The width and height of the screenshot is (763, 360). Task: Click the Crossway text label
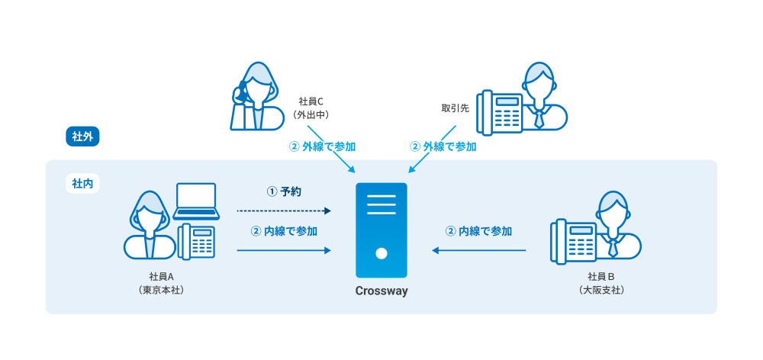point(381,291)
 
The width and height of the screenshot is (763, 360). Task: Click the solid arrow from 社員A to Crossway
point(284,250)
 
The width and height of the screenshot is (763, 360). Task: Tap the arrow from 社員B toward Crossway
point(479,250)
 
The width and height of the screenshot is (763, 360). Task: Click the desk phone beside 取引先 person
point(500,111)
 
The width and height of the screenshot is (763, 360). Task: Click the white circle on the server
point(381,253)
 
